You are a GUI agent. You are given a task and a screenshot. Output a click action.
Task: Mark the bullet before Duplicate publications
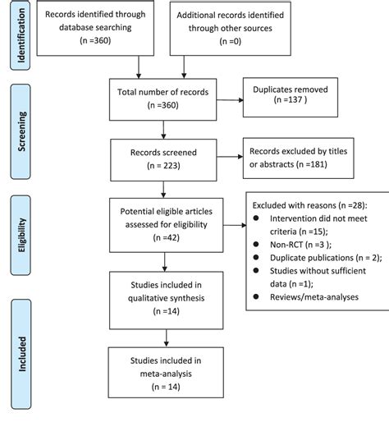tap(255, 258)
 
